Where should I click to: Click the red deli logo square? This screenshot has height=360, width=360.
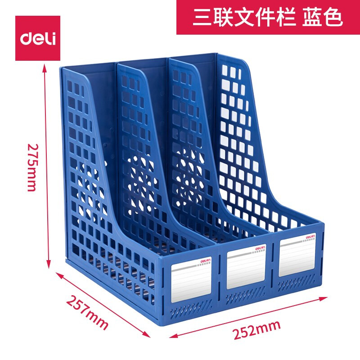pyautogui.click(x=38, y=38)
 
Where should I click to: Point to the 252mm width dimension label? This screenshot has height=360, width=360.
pyautogui.click(x=256, y=330)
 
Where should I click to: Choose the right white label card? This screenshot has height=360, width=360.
pyautogui.click(x=297, y=257)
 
